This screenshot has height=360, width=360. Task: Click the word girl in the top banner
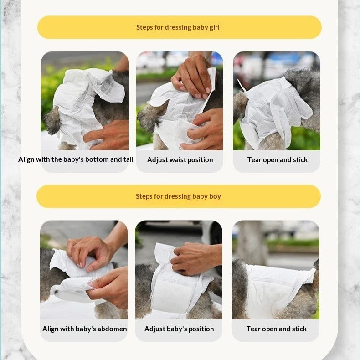(215, 27)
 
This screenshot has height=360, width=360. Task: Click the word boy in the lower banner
(215, 196)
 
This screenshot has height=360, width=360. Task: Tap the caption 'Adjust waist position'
(180, 160)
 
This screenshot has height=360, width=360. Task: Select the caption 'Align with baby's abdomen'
(84, 329)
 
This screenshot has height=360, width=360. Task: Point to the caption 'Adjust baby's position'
(179, 329)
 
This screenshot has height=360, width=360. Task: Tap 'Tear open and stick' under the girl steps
(278, 160)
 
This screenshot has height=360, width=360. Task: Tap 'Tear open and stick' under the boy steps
(277, 329)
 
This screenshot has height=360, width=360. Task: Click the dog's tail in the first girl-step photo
(52, 121)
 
